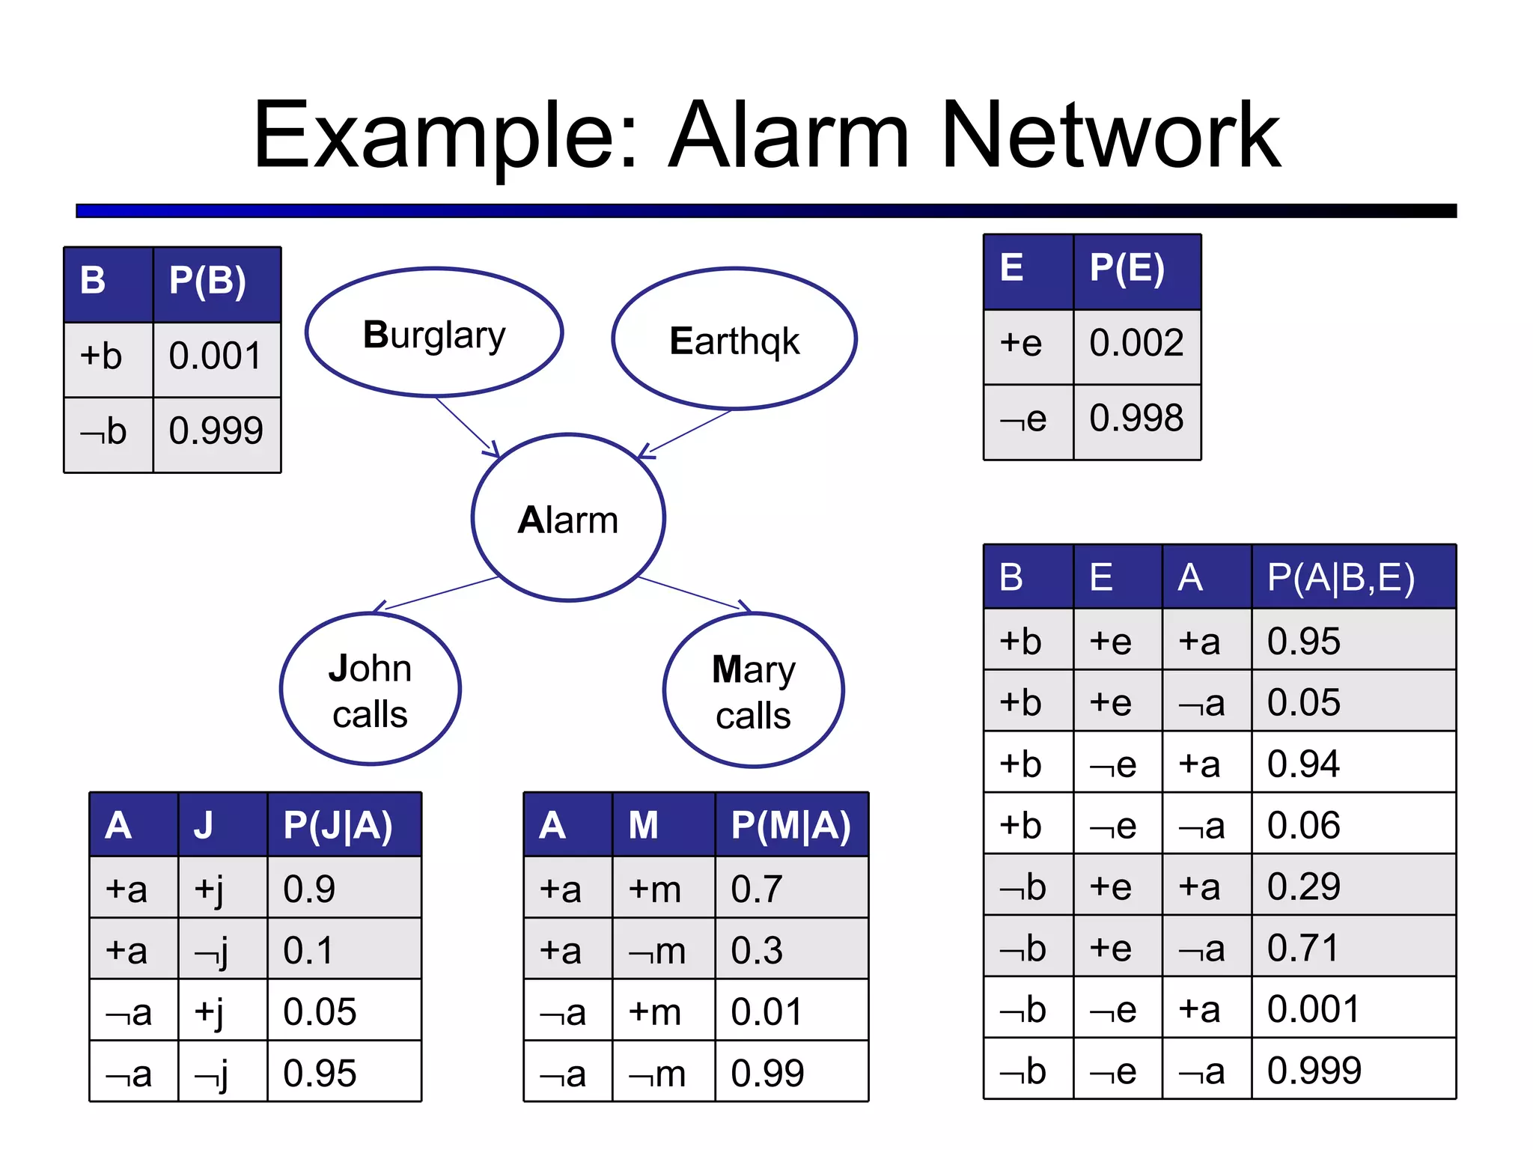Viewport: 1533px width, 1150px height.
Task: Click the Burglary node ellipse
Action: click(x=434, y=332)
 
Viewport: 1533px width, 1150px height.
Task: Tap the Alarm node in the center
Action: click(x=568, y=518)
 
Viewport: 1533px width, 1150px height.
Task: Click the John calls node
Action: click(x=371, y=690)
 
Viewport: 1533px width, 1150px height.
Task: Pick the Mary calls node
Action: click(x=754, y=691)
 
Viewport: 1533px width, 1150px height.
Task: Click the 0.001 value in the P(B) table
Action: click(x=216, y=356)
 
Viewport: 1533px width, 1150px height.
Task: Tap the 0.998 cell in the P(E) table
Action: click(x=1136, y=419)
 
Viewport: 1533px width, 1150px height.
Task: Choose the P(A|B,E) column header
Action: click(x=1341, y=577)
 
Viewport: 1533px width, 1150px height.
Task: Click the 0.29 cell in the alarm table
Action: click(x=1304, y=886)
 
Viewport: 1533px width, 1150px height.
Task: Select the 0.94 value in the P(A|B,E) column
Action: click(x=1304, y=764)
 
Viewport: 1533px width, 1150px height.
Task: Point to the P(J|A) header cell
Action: click(x=338, y=826)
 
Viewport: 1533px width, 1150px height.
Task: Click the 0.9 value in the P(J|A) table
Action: click(x=309, y=889)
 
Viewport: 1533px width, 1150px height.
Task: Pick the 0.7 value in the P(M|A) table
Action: click(x=757, y=889)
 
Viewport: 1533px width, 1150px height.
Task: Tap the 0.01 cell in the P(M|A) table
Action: click(x=766, y=1012)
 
